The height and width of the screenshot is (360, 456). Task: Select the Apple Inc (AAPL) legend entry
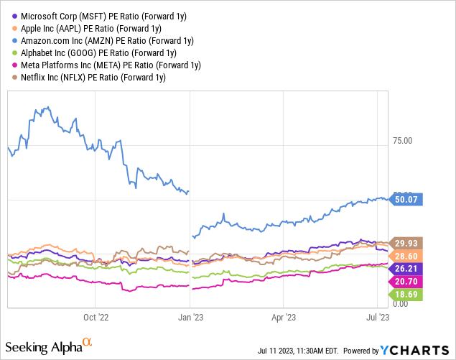tap(83, 26)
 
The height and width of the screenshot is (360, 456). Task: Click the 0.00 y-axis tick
tap(401, 305)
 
